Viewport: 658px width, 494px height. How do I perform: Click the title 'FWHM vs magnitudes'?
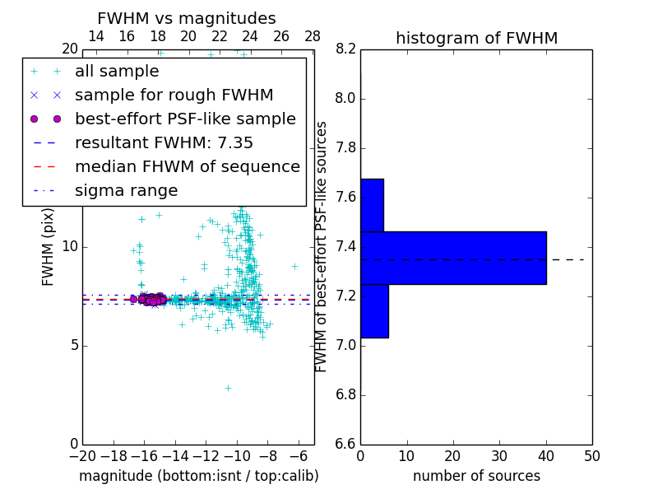186,18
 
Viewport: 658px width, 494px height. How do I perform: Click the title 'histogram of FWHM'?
476,38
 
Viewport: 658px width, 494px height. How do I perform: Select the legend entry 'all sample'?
116,72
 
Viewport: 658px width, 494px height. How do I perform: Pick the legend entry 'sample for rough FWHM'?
174,96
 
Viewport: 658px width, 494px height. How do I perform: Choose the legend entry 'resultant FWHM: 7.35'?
164,143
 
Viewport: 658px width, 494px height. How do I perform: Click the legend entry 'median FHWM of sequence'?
187,167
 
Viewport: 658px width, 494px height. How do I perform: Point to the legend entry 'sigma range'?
126,191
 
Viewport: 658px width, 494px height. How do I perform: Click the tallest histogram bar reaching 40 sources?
453,258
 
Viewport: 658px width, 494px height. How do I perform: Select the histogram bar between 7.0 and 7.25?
374,310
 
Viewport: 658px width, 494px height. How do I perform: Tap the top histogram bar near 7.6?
372,205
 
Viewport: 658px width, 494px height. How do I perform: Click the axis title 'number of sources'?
476,476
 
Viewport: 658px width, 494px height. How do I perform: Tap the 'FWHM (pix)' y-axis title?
49,245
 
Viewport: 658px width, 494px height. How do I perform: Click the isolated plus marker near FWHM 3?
228,387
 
